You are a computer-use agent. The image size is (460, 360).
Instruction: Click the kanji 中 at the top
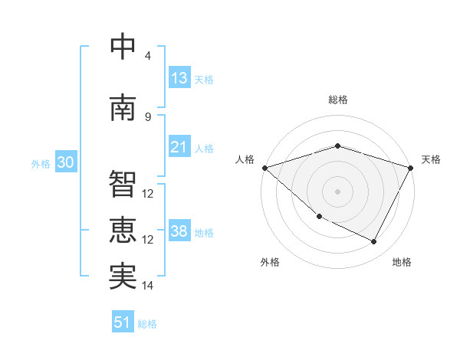coord(123,47)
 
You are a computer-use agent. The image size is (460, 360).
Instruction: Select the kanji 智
coord(123,185)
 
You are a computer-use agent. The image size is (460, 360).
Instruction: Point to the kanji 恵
coord(123,231)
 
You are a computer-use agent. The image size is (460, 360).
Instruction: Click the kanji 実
coord(123,277)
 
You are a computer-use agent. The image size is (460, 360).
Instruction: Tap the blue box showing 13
coord(179,77)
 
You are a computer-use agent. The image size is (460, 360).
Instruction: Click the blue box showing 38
coord(179,231)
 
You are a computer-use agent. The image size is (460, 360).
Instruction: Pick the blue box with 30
coord(65,162)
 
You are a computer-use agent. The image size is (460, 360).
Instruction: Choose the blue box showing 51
coord(123,322)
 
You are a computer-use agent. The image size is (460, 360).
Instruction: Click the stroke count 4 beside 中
coord(148,56)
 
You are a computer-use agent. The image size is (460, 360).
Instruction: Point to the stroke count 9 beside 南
coord(148,117)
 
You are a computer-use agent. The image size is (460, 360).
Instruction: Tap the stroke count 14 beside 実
coord(148,286)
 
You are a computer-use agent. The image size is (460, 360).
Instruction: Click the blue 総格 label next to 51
coord(147,324)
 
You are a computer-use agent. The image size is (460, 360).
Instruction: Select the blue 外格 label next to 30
coord(41,163)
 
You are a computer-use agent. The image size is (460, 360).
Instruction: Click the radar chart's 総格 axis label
coord(338,100)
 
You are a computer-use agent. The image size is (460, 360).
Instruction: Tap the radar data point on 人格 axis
coord(264,168)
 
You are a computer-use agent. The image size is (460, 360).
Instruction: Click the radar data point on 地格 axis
coord(374,242)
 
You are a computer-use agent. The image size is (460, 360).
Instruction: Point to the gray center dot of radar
coord(338,191)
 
